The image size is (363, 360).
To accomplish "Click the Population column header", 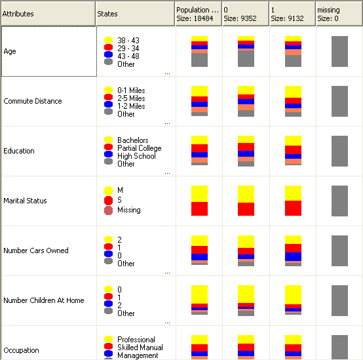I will (x=198, y=14).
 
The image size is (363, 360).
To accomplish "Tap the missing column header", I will (x=339, y=14).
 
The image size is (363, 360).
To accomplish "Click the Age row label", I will (x=10, y=51).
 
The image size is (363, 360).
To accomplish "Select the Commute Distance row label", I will (x=33, y=101).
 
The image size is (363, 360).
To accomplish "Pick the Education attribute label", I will (x=19, y=151).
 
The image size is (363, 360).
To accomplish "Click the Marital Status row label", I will (x=26, y=201).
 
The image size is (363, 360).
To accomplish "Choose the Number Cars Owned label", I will (x=36, y=250).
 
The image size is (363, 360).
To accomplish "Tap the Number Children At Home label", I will (x=44, y=300).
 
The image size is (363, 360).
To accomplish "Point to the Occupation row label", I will (x=22, y=350).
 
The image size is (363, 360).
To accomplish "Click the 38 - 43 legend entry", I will (x=128, y=41).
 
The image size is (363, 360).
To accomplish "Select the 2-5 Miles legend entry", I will (x=131, y=98).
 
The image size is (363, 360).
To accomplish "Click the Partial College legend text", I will (x=139, y=148).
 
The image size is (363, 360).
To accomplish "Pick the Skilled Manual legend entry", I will (x=140, y=348).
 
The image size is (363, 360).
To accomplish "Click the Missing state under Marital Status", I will (x=128, y=210).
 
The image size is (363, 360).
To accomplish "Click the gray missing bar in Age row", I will (x=339, y=51).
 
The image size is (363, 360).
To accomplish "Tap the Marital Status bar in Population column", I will (x=199, y=201).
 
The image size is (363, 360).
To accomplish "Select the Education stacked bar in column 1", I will (x=293, y=151).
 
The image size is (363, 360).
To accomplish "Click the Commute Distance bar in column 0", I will (x=246, y=101).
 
